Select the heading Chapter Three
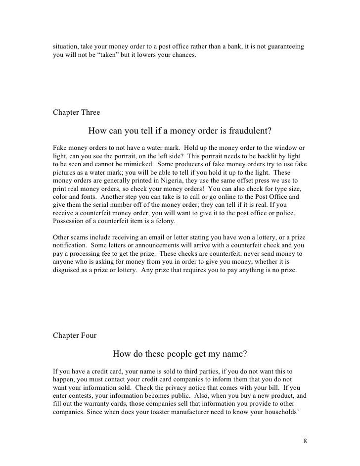pyautogui.click(x=76, y=112)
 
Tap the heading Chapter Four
pyautogui.click(x=75, y=335)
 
